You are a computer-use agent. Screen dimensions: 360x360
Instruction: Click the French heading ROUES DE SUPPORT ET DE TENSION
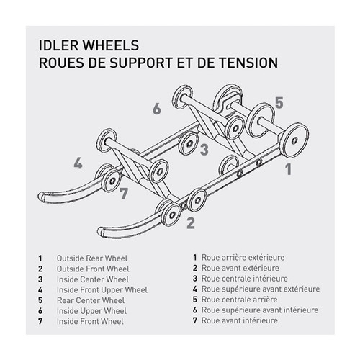(x=156, y=63)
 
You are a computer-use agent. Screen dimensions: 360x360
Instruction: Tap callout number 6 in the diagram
(x=156, y=109)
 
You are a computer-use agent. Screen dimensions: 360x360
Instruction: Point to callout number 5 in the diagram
(x=279, y=102)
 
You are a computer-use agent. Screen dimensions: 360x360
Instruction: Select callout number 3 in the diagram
(x=204, y=150)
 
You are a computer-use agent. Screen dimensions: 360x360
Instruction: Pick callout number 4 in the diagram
(x=77, y=163)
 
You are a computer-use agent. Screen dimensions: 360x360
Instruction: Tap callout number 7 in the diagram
(x=123, y=193)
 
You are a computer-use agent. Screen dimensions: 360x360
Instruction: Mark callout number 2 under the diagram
(x=190, y=222)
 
